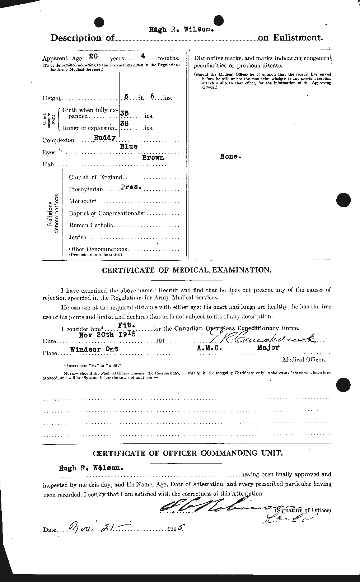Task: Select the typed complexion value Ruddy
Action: (x=104, y=137)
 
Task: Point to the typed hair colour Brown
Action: (x=153, y=157)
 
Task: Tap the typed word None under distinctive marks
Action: (x=229, y=157)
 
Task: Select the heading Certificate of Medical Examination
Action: (x=187, y=270)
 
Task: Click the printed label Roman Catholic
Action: (x=91, y=225)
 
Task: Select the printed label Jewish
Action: (x=78, y=237)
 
